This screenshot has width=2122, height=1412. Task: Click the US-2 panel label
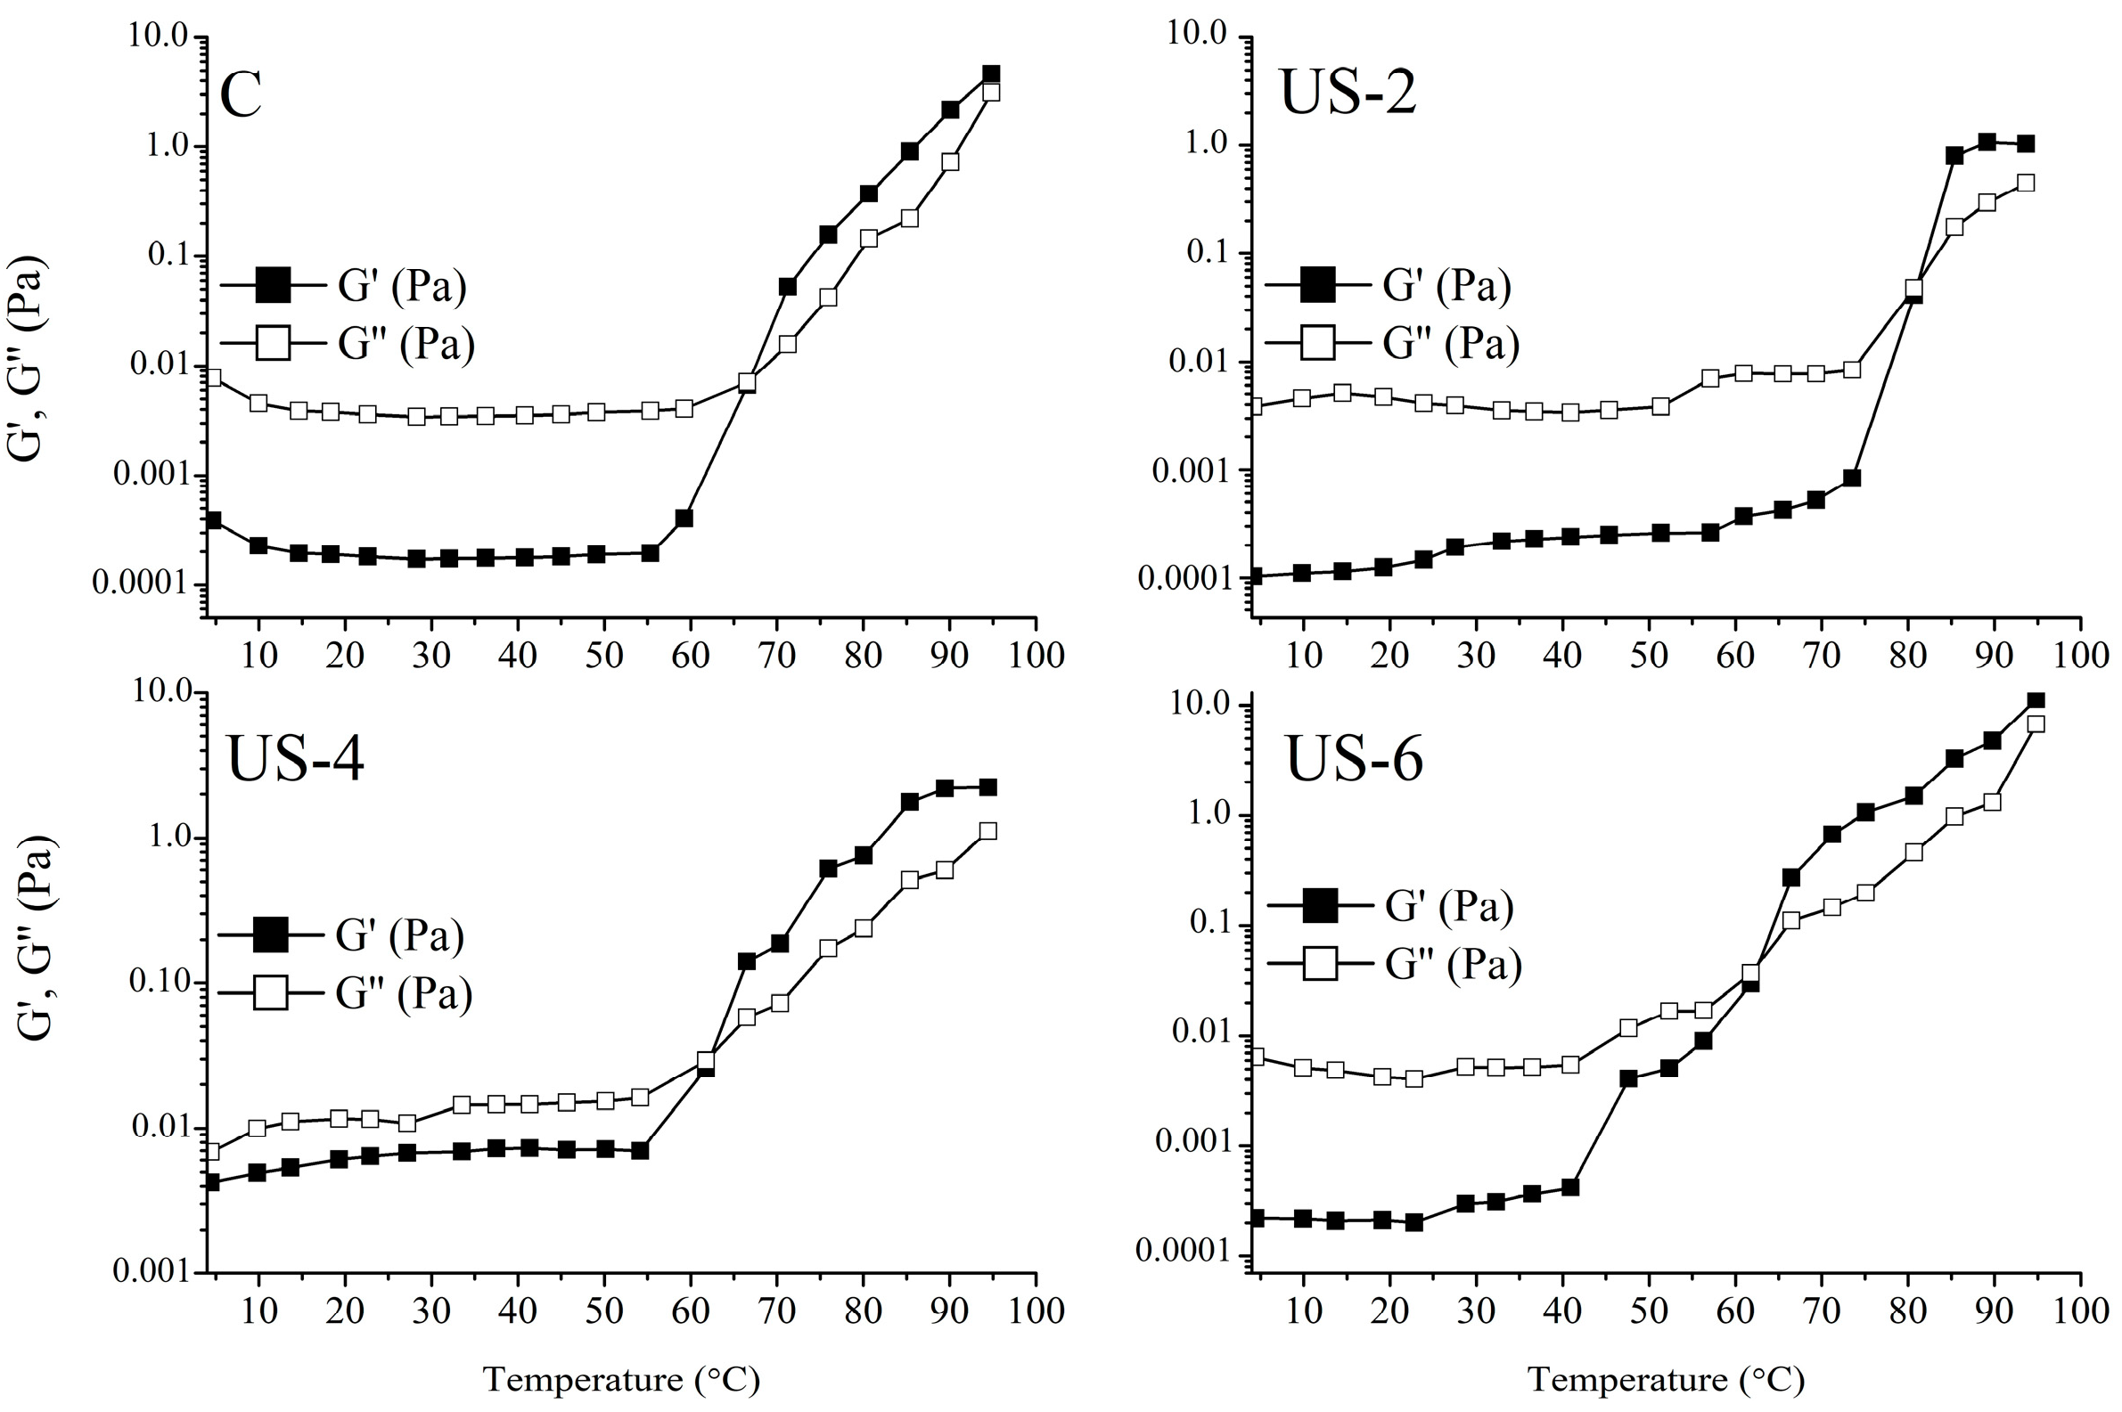click(1348, 94)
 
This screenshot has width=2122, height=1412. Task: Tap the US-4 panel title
click(294, 758)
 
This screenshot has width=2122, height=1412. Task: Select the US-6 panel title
click(1353, 758)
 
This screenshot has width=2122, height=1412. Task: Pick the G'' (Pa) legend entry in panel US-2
click(1450, 343)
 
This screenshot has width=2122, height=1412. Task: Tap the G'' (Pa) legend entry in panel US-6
click(1453, 965)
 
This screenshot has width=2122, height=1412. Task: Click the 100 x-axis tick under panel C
click(1035, 655)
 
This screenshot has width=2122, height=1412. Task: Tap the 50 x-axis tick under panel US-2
click(1648, 655)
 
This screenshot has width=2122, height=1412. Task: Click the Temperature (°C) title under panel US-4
click(621, 1379)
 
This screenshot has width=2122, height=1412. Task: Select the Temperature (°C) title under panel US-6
click(1667, 1379)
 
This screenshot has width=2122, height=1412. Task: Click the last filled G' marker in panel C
click(991, 74)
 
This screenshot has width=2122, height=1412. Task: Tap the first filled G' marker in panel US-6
click(1258, 1218)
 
